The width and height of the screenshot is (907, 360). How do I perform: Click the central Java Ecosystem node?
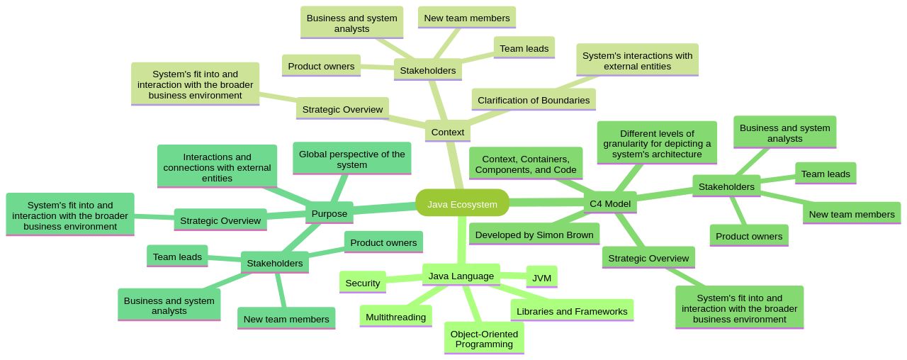(x=462, y=203)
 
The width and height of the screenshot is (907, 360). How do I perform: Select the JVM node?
(x=541, y=277)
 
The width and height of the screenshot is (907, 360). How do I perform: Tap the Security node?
(x=362, y=282)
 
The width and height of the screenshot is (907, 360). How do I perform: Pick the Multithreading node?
(x=395, y=316)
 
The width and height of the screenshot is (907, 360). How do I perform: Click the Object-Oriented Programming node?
(x=484, y=338)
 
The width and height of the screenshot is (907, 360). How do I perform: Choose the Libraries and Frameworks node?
(x=571, y=310)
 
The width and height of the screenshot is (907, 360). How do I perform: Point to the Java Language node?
(x=461, y=275)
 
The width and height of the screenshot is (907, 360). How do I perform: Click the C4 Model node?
(x=609, y=203)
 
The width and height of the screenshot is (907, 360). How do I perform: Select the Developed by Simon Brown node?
(x=534, y=234)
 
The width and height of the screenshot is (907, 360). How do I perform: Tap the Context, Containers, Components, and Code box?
(x=525, y=164)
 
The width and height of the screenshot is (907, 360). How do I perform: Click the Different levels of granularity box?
(x=656, y=143)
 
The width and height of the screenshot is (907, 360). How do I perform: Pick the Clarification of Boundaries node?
(x=533, y=99)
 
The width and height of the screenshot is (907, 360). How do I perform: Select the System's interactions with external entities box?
(x=636, y=60)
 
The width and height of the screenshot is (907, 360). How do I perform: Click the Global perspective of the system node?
(x=351, y=159)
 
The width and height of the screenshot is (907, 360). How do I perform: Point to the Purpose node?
(x=329, y=213)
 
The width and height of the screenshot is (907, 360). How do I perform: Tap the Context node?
(x=447, y=131)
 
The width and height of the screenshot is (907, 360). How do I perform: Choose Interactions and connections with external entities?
(x=217, y=167)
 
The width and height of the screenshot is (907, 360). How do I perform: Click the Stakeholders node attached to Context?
(x=427, y=69)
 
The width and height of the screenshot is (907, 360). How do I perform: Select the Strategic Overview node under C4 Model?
(x=648, y=257)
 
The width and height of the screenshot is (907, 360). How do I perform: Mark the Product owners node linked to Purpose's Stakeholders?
(x=383, y=242)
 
